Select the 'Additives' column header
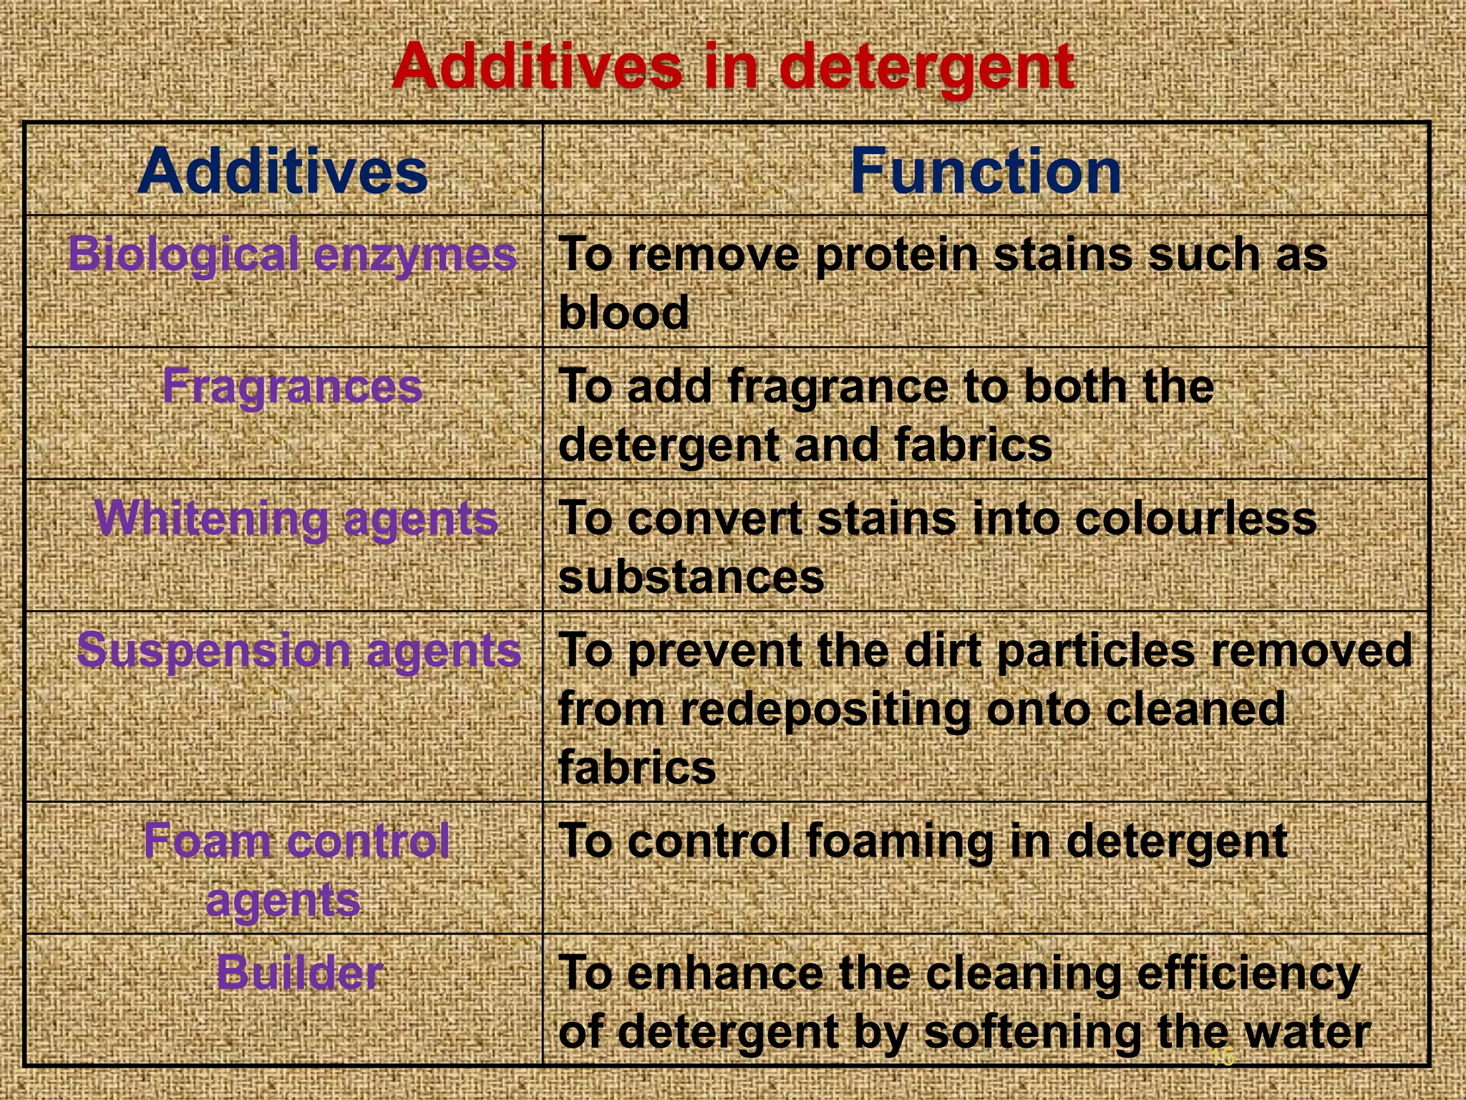pos(283,171)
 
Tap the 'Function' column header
pos(986,171)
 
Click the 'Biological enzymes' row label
pos(292,254)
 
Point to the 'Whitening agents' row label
pos(296,518)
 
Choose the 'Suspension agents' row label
pos(298,650)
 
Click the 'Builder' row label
pos(299,973)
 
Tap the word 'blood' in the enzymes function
pos(623,313)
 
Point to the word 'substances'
pos(691,577)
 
